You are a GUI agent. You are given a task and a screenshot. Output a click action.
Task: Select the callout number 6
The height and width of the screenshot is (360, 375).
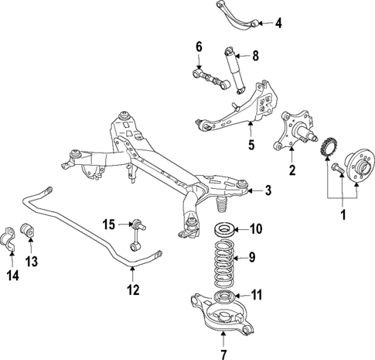click(198, 48)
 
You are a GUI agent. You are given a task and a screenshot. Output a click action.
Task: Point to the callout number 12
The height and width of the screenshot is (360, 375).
click(133, 290)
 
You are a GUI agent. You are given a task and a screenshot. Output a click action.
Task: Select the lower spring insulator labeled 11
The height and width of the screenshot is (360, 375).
click(226, 297)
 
